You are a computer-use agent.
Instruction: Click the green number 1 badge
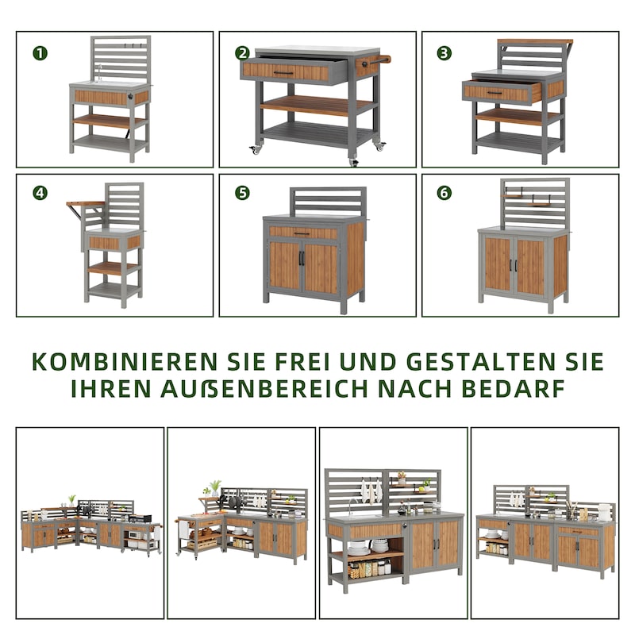pyautogui.click(x=40, y=53)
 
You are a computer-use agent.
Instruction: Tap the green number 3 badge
pyautogui.click(x=444, y=53)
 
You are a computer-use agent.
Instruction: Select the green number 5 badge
pyautogui.click(x=242, y=194)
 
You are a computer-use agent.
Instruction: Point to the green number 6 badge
pyautogui.click(x=444, y=194)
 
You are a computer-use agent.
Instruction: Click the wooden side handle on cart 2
pyautogui.click(x=381, y=59)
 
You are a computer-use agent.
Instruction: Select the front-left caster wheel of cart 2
pyautogui.click(x=256, y=149)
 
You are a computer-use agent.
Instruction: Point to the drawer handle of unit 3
pyautogui.click(x=494, y=93)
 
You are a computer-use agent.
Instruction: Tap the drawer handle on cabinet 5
pyautogui.click(x=302, y=233)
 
